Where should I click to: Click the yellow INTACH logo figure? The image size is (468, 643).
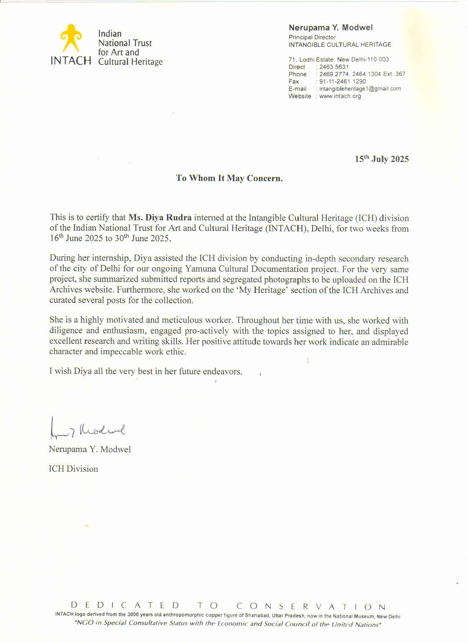(71, 38)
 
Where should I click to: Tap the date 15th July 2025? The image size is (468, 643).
(381, 159)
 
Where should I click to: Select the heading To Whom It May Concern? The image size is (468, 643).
(229, 178)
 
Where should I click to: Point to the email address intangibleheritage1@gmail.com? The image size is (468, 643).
(360, 89)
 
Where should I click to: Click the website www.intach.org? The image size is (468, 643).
(340, 96)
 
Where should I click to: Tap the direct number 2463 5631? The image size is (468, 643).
(334, 67)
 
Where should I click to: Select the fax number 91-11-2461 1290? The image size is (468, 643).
(342, 81)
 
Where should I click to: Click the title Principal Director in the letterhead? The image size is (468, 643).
(312, 37)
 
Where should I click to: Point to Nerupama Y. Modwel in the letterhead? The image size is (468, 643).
(330, 27)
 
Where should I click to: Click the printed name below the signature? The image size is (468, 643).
(90, 449)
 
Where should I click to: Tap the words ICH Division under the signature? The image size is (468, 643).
(73, 469)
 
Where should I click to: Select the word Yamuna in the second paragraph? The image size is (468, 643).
(199, 269)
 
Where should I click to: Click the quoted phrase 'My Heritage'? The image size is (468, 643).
(261, 290)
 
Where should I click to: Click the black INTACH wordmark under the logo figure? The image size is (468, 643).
(71, 60)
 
